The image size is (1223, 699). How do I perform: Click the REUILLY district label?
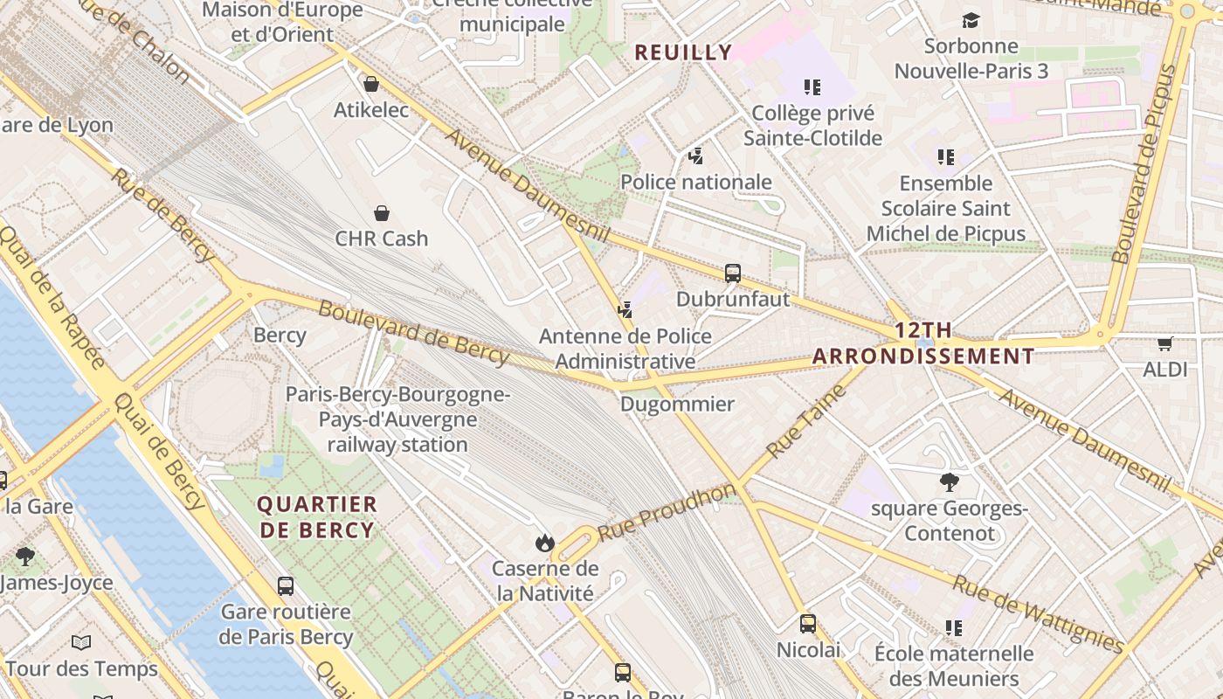point(683,52)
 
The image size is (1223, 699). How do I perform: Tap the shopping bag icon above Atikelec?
point(371,84)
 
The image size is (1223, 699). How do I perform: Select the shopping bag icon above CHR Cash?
point(382,213)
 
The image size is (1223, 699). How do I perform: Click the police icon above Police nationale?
point(695,156)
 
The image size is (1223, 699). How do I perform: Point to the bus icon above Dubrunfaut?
point(733,273)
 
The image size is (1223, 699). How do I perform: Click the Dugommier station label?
point(677,404)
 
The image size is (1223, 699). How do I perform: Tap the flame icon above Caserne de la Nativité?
point(545,543)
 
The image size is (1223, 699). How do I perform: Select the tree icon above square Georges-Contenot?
point(950,481)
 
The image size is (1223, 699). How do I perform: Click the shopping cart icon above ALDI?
point(1164,343)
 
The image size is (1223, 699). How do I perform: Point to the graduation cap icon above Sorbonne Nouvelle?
point(971,20)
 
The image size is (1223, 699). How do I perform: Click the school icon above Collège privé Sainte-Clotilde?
point(812,87)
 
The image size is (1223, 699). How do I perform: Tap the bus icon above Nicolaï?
point(808,624)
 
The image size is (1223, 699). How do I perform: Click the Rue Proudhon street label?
point(667,511)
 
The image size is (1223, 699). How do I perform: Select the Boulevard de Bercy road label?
point(413,332)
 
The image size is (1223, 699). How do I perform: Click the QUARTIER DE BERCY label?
point(317,516)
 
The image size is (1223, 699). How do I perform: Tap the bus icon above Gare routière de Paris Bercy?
point(286,586)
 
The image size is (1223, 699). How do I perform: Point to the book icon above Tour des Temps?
point(81,643)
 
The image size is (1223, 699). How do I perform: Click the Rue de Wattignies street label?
point(1038,614)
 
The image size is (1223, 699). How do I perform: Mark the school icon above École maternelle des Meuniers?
point(953,627)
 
